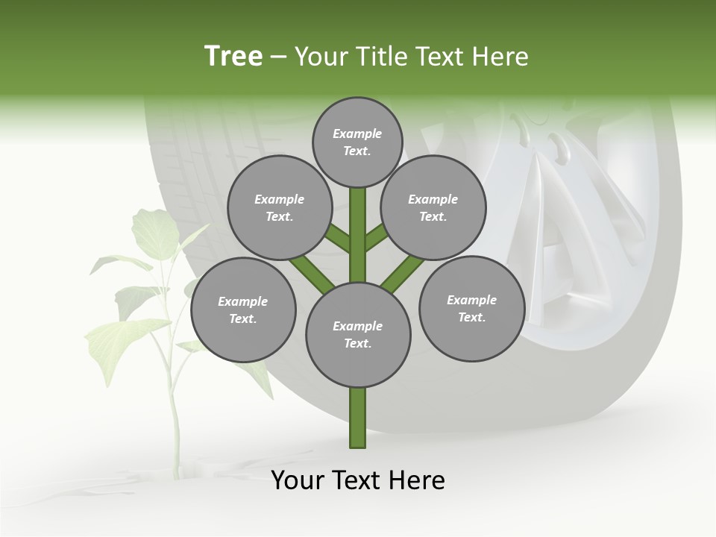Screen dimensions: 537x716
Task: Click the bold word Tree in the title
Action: tap(233, 57)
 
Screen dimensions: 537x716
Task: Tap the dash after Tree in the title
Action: tap(278, 57)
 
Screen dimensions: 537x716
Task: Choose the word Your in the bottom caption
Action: tap(298, 480)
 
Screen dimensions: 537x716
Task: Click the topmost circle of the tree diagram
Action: tap(357, 142)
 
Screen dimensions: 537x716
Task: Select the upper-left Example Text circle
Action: tap(279, 207)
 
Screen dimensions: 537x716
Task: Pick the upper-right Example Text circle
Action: tap(433, 207)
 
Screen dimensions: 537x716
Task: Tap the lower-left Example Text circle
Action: tap(243, 310)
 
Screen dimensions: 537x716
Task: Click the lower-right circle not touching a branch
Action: tap(471, 308)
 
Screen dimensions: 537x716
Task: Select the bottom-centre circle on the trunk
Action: tap(358, 334)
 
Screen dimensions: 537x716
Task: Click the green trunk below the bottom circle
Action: tap(358, 418)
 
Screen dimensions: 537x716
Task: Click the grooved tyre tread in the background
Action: tap(186, 164)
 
